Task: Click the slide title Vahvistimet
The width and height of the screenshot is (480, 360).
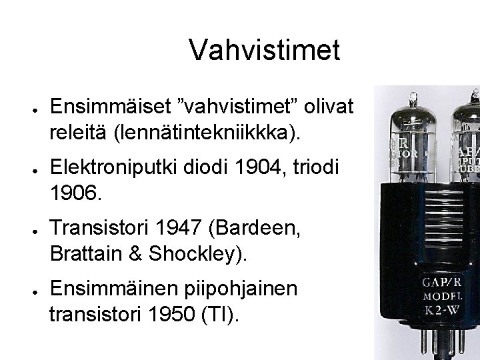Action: pyautogui.click(x=264, y=50)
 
